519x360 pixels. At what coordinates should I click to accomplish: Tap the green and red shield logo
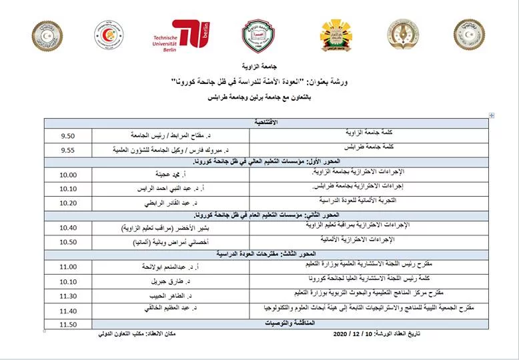point(258,36)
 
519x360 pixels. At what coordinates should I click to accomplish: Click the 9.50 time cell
point(68,137)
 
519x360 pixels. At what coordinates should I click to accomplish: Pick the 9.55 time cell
point(68,150)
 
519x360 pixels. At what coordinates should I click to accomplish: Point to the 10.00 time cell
point(68,175)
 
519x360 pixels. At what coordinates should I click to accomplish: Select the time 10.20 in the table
point(68,203)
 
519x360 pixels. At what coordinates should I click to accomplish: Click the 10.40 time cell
point(68,228)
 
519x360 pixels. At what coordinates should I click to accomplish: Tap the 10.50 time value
point(68,241)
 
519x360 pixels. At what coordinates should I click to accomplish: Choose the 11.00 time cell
point(68,267)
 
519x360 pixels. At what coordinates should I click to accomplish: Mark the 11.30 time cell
point(68,295)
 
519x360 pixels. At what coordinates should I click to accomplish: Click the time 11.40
point(68,310)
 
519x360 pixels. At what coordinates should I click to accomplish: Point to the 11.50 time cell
point(68,324)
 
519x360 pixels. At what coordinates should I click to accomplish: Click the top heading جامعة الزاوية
point(274,68)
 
